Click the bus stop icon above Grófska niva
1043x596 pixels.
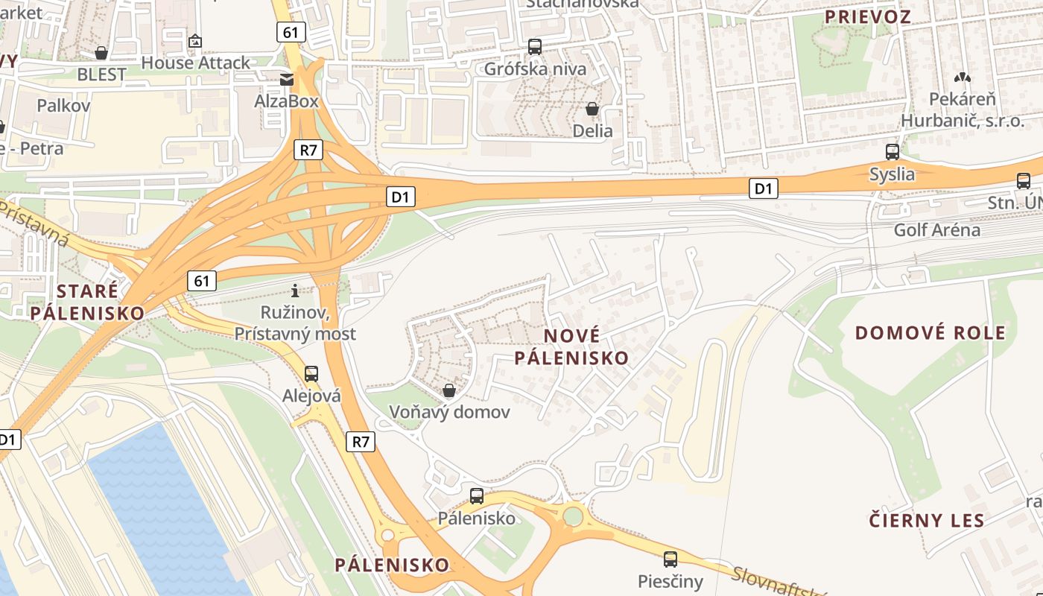(534, 46)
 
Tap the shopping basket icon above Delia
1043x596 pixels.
(592, 110)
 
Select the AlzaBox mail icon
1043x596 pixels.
(287, 80)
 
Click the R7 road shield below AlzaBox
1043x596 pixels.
(308, 149)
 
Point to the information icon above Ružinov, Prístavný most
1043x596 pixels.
(295, 291)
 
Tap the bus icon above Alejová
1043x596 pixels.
(311, 374)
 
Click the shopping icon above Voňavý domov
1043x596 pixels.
(449, 390)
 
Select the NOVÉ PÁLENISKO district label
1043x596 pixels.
(571, 346)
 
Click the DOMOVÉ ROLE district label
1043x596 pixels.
(930, 332)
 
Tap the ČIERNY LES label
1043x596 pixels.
(927, 520)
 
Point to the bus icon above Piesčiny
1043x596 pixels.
(670, 559)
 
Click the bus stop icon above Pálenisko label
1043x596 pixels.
(477, 495)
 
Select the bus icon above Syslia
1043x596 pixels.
(893, 152)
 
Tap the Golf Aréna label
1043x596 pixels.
(937, 229)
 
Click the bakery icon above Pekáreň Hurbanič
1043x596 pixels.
(963, 77)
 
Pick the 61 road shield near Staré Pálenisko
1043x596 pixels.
(202, 281)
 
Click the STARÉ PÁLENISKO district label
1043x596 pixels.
(87, 302)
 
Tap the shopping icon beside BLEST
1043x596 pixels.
(101, 53)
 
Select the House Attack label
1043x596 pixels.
(195, 63)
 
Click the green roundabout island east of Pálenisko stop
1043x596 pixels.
(573, 516)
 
